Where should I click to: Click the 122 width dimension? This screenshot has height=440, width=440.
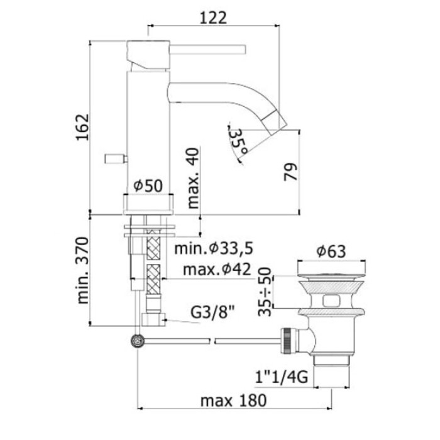[x=213, y=18]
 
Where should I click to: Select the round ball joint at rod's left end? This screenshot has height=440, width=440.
[x=135, y=341]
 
